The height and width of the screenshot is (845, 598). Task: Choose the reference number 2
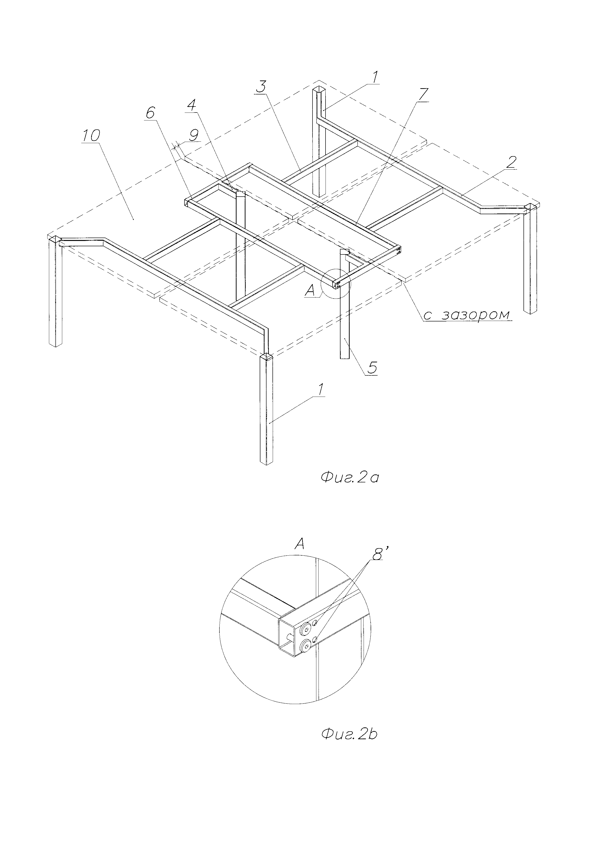click(511, 162)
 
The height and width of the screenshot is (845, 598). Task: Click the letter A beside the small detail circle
click(310, 292)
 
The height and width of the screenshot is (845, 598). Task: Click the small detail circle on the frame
click(336, 283)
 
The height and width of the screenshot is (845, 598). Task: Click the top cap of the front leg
click(266, 356)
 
